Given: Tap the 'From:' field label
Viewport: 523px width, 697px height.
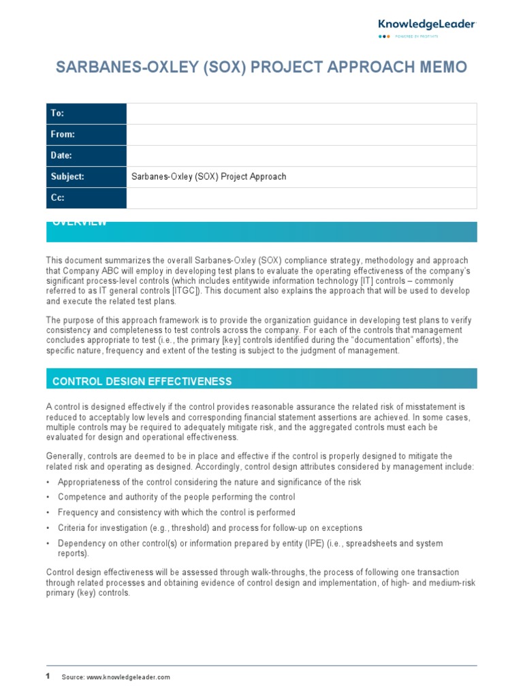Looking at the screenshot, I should pos(62,135).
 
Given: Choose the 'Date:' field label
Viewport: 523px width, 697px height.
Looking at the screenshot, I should pos(61,156).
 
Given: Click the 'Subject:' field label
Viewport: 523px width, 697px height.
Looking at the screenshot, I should pos(67,177).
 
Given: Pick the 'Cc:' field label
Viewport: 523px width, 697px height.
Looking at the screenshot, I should pos(57,198).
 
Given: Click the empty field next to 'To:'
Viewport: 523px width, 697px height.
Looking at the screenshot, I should pos(302,114).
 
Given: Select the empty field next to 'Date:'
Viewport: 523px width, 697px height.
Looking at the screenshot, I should pos(302,156).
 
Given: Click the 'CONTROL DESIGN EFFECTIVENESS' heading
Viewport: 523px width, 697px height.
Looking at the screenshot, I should pos(142,381).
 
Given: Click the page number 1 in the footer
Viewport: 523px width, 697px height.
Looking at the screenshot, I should pos(48,677).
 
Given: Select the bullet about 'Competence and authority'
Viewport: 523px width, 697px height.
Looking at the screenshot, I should pos(176,497).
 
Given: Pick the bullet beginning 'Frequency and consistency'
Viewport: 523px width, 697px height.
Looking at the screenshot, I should pos(176,513).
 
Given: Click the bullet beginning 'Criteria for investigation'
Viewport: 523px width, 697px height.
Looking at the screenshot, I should pos(210,528).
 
